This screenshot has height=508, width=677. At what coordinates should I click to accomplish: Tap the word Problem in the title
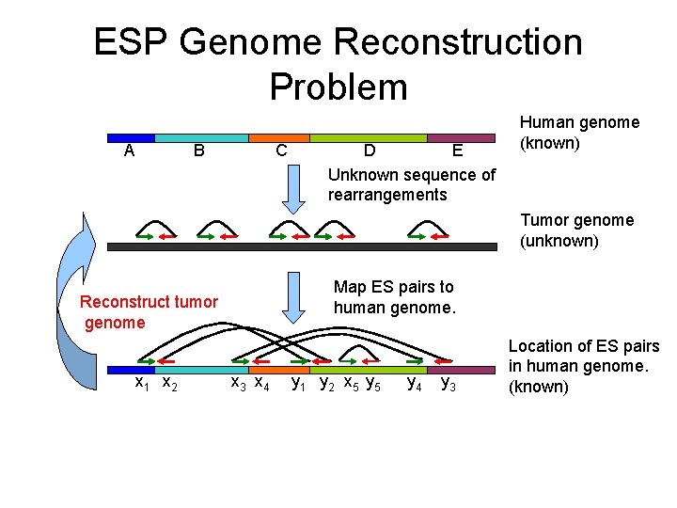pos(338,87)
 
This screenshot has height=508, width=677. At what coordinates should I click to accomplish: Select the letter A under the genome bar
pos(129,151)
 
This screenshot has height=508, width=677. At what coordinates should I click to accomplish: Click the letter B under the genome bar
pos(198,151)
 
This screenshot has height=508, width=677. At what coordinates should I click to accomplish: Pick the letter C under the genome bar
pos(280,151)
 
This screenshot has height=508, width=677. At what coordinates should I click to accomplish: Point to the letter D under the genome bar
pos(370,151)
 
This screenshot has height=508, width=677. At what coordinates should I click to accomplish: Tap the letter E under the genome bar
pos(457,151)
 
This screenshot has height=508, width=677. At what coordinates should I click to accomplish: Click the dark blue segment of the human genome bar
pos(131,137)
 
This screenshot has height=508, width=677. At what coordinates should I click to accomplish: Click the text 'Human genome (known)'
pos(579,133)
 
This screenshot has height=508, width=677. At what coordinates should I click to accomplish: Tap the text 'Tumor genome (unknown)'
pos(576,230)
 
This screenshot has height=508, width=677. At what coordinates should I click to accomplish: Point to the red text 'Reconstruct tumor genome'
pos(149,312)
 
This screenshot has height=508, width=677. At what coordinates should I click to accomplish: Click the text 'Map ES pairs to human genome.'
pos(394,297)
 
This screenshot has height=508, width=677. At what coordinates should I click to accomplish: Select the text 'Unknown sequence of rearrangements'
pos(412,184)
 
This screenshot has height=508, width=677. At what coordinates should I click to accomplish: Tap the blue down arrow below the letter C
pos(294,188)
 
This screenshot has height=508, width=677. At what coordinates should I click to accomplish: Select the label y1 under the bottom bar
pos(299,383)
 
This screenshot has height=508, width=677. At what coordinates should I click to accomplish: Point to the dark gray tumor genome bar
pos(301,246)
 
